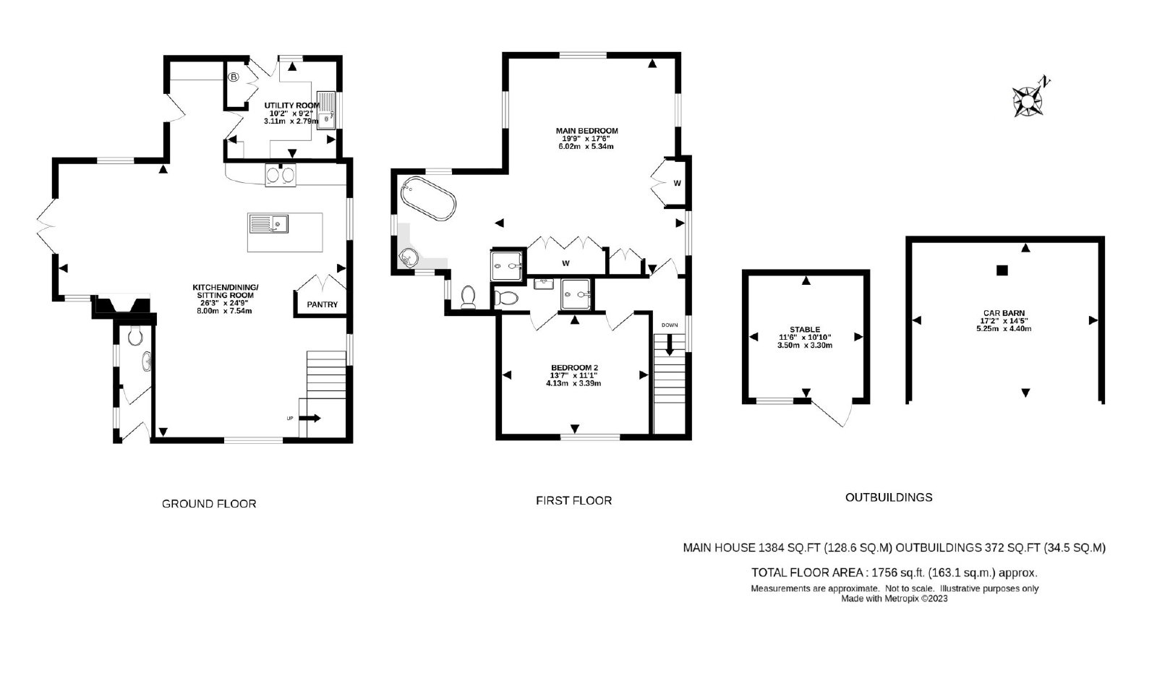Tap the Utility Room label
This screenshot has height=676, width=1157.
tap(292, 106)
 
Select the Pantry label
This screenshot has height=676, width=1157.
tap(323, 304)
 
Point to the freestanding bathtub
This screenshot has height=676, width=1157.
tap(428, 199)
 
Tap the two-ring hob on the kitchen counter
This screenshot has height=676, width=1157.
tap(281, 174)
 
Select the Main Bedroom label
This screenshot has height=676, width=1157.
tap(586, 131)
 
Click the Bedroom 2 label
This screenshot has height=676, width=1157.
tap(574, 368)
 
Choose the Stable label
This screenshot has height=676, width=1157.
tap(805, 330)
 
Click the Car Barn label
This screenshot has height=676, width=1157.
tap(1004, 313)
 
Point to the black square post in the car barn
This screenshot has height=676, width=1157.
tap(1002, 270)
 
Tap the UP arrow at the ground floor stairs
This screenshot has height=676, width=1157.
tap(309, 418)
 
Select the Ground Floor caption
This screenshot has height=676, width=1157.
tap(209, 504)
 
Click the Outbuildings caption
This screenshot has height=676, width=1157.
tap(889, 497)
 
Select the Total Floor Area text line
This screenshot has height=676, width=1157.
tap(894, 573)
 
